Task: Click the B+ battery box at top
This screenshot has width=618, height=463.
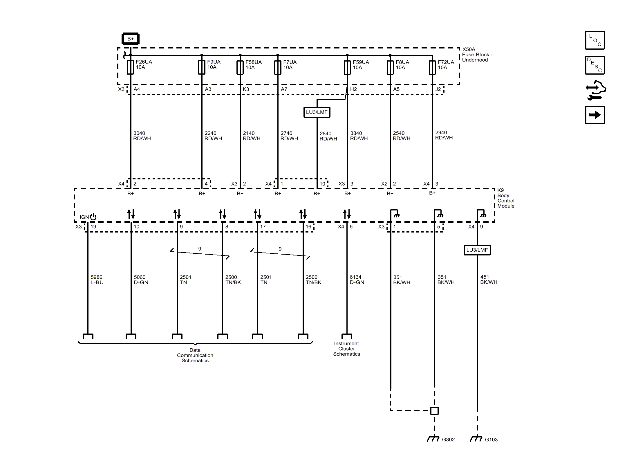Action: [130, 39]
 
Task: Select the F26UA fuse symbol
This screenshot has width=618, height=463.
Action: [130, 67]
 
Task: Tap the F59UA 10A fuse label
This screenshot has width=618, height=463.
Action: [361, 65]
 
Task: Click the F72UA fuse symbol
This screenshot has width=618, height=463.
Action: [432, 67]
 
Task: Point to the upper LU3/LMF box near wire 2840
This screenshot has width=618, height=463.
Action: [317, 112]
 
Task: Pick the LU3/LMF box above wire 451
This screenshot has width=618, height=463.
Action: [477, 250]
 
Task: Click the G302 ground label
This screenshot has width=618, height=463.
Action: [448, 439]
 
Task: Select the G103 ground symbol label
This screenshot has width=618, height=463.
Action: [491, 439]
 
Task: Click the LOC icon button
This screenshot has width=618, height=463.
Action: [595, 40]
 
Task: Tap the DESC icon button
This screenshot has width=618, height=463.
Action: [595, 65]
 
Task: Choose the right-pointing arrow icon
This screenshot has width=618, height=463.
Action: [595, 115]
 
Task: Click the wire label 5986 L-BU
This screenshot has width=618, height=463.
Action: [97, 280]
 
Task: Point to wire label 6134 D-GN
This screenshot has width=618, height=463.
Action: [357, 280]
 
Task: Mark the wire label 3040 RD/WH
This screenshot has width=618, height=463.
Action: [142, 136]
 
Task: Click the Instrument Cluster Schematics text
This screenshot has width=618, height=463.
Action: [346, 349]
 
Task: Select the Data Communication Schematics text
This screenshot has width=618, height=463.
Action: [195, 355]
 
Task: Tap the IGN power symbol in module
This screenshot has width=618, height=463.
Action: [93, 217]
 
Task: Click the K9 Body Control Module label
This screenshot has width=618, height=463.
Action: [505, 198]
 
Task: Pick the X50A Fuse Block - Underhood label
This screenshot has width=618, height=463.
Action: [477, 55]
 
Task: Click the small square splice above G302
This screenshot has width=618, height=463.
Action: [434, 410]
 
